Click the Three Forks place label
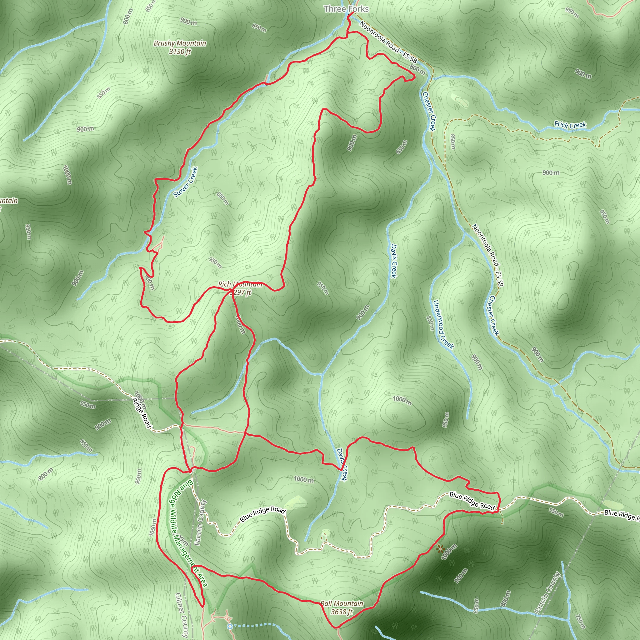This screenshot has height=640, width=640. (346, 9)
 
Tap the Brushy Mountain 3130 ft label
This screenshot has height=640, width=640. (180, 47)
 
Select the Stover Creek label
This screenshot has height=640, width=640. (186, 182)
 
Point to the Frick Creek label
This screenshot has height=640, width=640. (570, 125)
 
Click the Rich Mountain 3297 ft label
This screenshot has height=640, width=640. (240, 288)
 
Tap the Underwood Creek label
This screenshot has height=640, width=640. (443, 324)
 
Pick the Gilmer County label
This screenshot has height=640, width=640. (182, 614)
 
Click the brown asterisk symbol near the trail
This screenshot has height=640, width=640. (440, 549)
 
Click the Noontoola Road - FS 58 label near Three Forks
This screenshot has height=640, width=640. (388, 42)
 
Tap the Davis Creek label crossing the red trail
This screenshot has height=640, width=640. (342, 464)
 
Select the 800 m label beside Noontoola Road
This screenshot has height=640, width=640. (417, 70)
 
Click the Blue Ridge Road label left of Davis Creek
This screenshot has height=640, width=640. (262, 514)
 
